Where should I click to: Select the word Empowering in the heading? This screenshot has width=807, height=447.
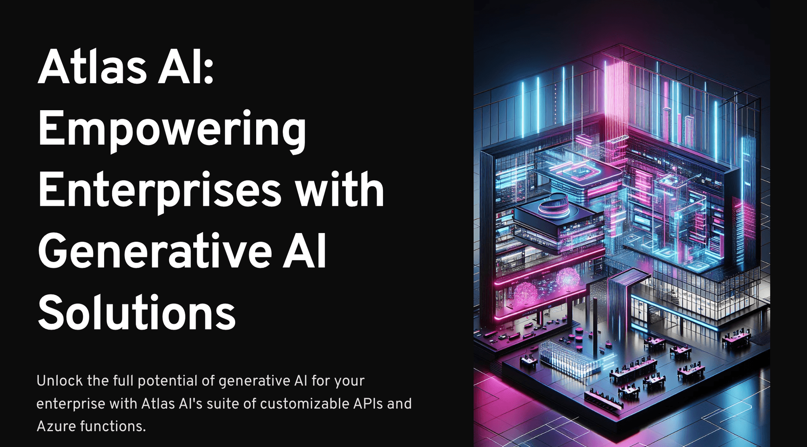(x=172, y=130)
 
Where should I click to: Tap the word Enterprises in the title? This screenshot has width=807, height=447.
(x=159, y=191)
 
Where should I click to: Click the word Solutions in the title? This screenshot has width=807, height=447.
(x=136, y=313)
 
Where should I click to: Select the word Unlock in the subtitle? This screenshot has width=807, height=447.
(x=60, y=381)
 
